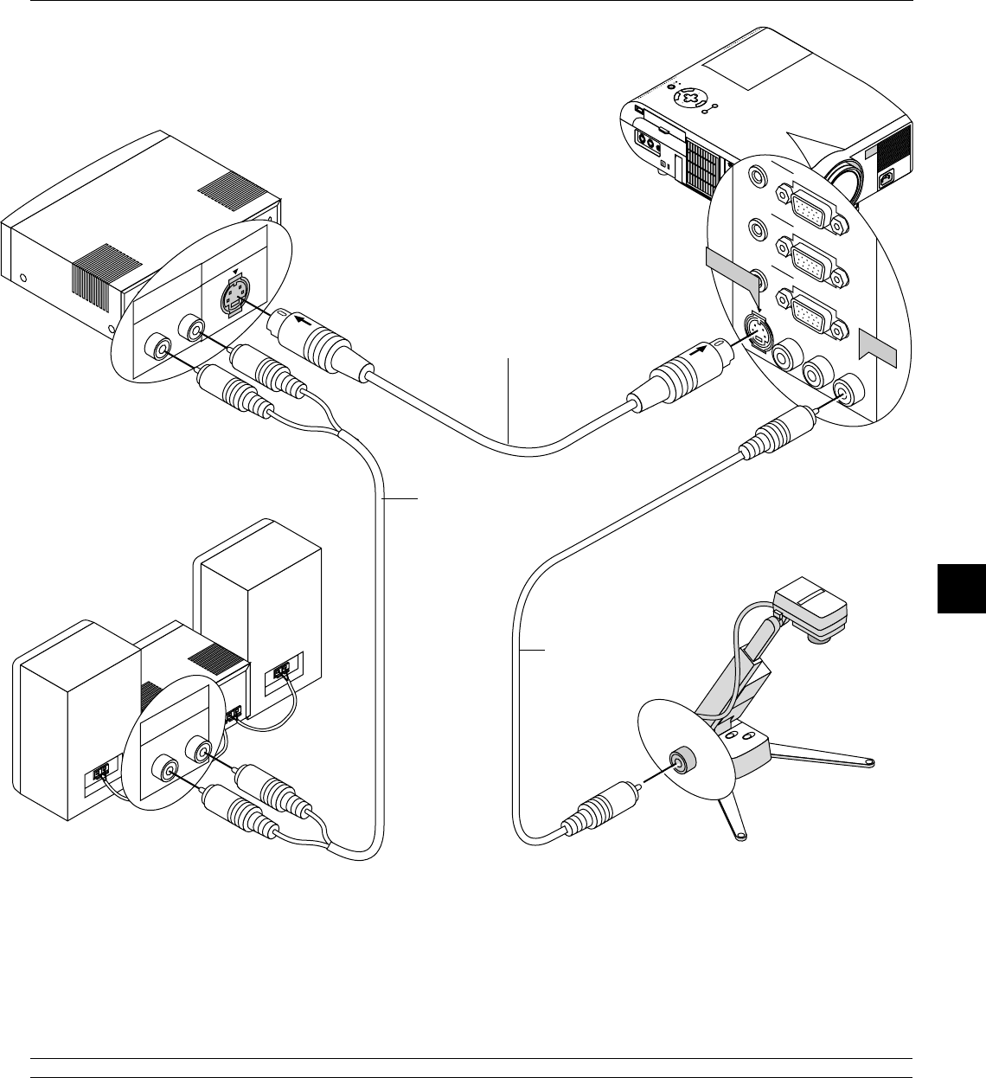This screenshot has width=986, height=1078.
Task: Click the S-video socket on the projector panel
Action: coord(759,330)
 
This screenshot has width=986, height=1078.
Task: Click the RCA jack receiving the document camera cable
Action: coord(844,391)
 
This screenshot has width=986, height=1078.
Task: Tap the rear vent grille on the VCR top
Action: coord(229,193)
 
